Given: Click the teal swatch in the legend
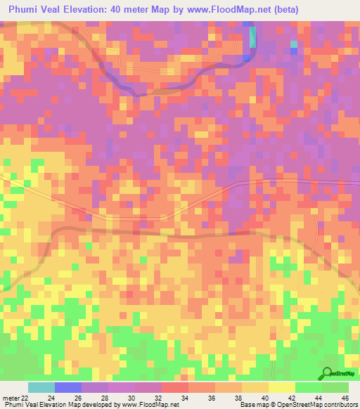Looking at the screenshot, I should [41, 387].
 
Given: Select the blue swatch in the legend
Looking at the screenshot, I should [68, 387].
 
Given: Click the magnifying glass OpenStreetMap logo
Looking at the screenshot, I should [327, 375].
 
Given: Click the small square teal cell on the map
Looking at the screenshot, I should [294, 46].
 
